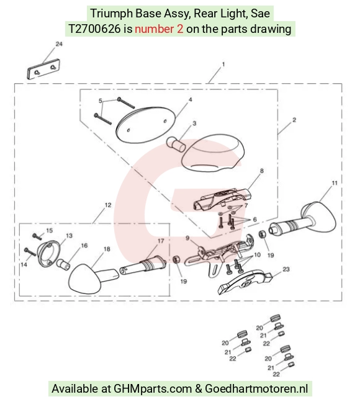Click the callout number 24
tap(59, 44)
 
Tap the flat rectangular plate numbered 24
tap(43, 69)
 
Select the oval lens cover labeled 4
tap(146, 123)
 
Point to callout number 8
tap(261, 171)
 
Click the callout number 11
tap(335, 183)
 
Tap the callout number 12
tap(108, 205)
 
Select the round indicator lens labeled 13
tap(49, 254)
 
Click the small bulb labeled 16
tap(63, 264)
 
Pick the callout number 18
tap(107, 249)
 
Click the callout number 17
tap(161, 241)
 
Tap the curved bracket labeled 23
tap(245, 281)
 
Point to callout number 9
tap(187, 238)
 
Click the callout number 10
tap(257, 254)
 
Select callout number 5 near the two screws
tap(101, 100)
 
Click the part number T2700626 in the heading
tap(94, 29)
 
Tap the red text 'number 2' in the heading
tap(159, 29)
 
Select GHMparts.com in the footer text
tap(153, 389)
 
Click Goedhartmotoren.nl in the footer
tap(256, 389)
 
